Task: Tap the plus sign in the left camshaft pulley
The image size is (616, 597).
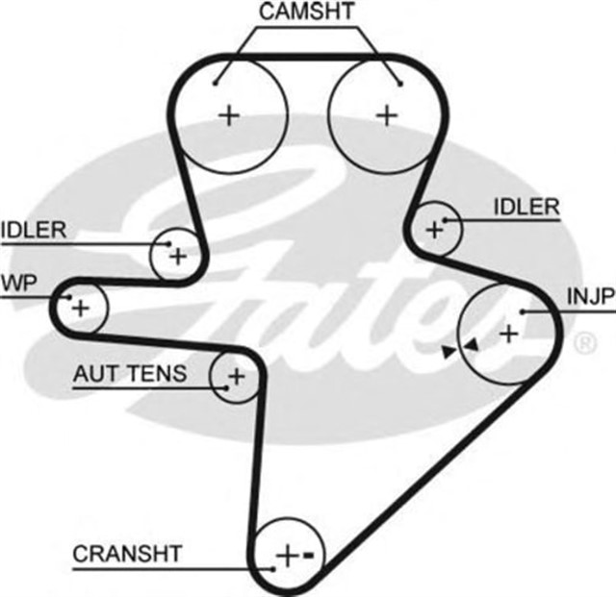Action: pos(228,115)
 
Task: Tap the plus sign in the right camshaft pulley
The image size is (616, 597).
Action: pos(386,115)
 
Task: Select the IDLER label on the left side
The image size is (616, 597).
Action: pos(33,230)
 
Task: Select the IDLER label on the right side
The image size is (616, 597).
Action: pos(526,206)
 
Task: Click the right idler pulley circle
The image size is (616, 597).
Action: pos(435,229)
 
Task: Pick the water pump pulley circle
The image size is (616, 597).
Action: pos(80,309)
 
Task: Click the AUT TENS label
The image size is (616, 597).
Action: pos(130,374)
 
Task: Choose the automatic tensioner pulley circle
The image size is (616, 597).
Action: pos(235,376)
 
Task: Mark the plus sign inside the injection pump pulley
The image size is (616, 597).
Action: pos(508,334)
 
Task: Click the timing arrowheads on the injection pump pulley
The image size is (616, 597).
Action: pos(459,348)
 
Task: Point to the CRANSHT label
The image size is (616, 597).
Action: pos(127,554)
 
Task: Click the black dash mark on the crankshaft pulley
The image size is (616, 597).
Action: pos(309,555)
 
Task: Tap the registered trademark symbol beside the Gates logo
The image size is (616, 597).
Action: pos(583,342)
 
